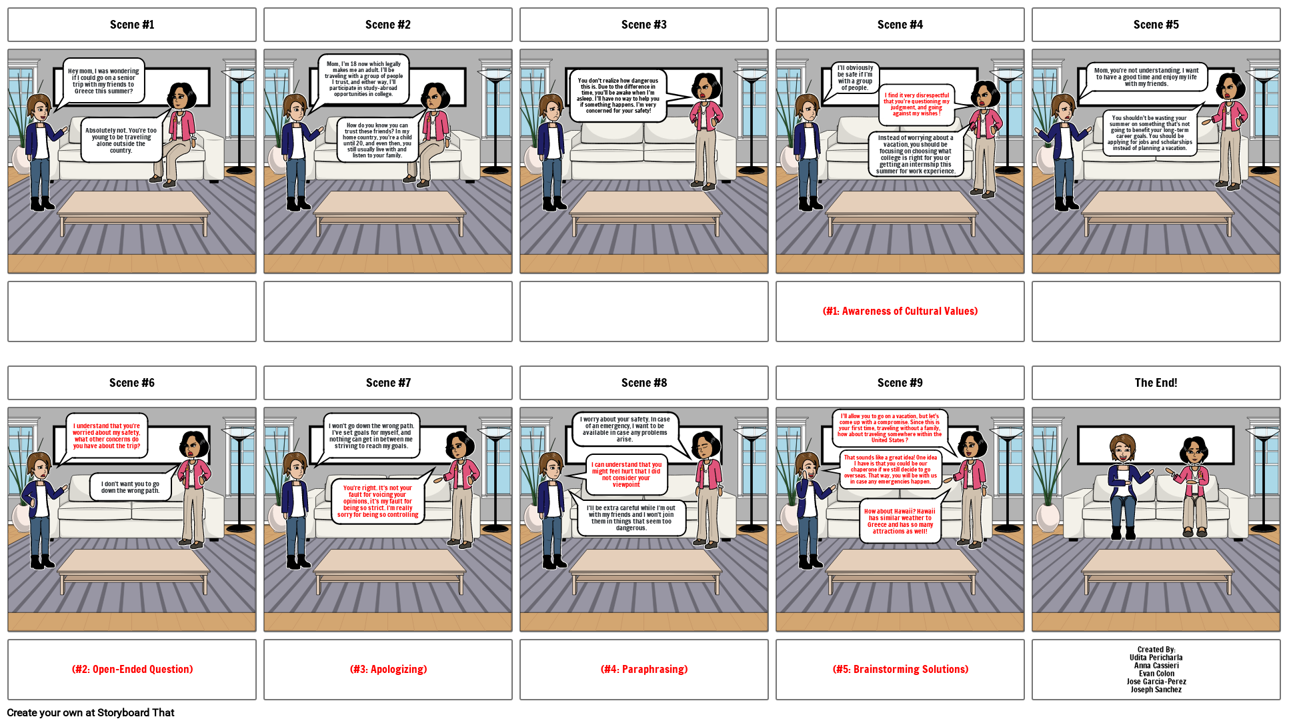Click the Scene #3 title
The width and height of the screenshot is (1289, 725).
click(x=643, y=25)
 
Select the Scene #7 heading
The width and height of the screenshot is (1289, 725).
click(x=388, y=383)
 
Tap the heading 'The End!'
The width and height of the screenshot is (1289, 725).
click(x=1156, y=383)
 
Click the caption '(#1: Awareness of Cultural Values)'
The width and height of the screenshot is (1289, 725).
click(x=900, y=311)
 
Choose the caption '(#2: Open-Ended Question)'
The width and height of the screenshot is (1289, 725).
click(x=132, y=670)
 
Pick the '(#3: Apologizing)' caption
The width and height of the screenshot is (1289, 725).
click(x=388, y=670)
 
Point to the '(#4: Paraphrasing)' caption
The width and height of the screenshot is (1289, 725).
click(x=643, y=670)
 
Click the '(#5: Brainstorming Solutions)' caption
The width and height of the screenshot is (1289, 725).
click(x=900, y=670)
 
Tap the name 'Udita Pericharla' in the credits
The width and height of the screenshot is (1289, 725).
click(x=1156, y=658)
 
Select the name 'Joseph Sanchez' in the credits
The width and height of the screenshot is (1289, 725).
click(x=1156, y=690)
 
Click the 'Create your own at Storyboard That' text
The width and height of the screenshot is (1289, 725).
click(x=91, y=713)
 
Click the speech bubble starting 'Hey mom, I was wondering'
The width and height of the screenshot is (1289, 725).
click(x=103, y=81)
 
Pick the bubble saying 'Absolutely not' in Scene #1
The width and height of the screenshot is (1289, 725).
click(x=121, y=140)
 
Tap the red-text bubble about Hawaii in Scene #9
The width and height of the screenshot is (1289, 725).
click(x=900, y=521)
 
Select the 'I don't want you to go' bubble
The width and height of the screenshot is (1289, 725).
click(x=130, y=487)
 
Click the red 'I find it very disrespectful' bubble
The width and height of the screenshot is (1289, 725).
click(x=917, y=104)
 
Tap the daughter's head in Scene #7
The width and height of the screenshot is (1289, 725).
click(x=294, y=466)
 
